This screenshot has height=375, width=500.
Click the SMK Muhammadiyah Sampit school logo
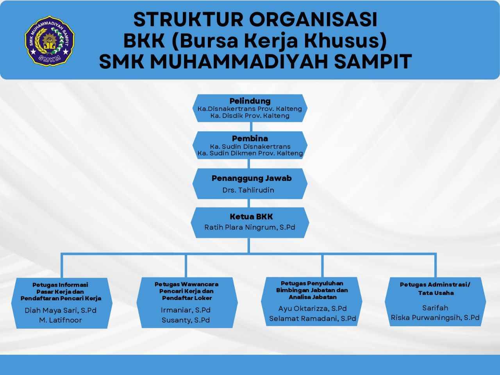pyautogui.click(x=50, y=41)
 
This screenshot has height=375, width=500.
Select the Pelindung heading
pyautogui.click(x=250, y=101)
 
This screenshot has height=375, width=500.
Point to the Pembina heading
pyautogui.click(x=250, y=138)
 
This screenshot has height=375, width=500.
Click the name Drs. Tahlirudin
pyautogui.click(x=248, y=190)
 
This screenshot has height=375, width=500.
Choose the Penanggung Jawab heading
pyautogui.click(x=252, y=178)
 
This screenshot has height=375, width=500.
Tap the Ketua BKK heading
pyautogui.click(x=251, y=216)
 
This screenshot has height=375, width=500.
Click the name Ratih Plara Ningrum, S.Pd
pyautogui.click(x=250, y=227)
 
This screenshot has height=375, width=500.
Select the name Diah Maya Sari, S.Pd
pyautogui.click(x=61, y=310)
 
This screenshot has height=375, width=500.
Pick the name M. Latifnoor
pyautogui.click(x=61, y=320)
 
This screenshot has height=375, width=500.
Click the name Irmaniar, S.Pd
pyautogui.click(x=186, y=310)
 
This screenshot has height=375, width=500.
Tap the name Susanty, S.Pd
pyautogui.click(x=186, y=320)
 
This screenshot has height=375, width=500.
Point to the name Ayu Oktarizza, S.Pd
pyautogui.click(x=312, y=309)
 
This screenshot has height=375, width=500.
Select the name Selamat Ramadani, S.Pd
pyautogui.click(x=312, y=318)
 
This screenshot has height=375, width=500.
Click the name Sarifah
pyautogui.click(x=435, y=308)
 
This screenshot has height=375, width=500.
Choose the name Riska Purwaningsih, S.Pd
pyautogui.click(x=435, y=318)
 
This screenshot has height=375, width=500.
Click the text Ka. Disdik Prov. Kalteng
pyautogui.click(x=250, y=116)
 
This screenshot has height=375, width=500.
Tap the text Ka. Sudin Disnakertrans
pyautogui.click(x=250, y=146)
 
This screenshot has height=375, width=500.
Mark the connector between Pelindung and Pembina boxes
pyautogui.click(x=251, y=127)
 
